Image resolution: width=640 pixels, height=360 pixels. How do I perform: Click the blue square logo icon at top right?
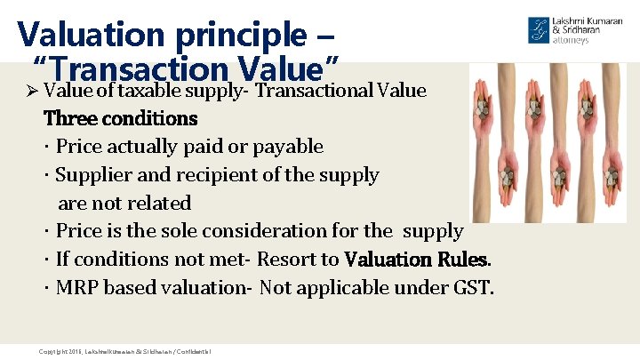coord(539,29)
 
